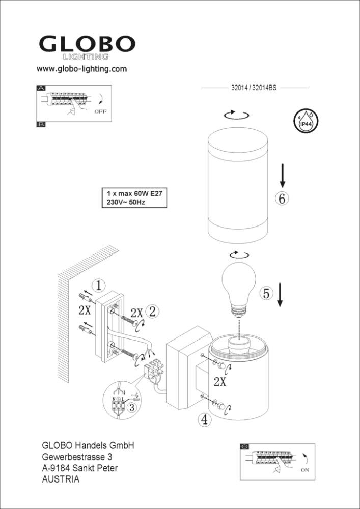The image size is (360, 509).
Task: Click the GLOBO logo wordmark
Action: pos(87,44)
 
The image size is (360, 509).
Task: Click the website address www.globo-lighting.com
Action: pos(81,69)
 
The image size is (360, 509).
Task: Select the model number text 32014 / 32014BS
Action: pos(254,88)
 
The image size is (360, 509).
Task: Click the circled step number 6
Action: pos(282,199)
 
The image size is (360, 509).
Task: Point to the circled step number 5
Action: pos(266,294)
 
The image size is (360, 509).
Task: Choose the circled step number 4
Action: pos(204,420)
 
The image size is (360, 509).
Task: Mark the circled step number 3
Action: pos(131,407)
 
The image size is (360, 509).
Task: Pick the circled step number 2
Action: pos(152,312)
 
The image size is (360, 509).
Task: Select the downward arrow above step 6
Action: pos(283,176)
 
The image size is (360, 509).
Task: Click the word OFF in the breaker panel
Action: pos(100,111)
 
